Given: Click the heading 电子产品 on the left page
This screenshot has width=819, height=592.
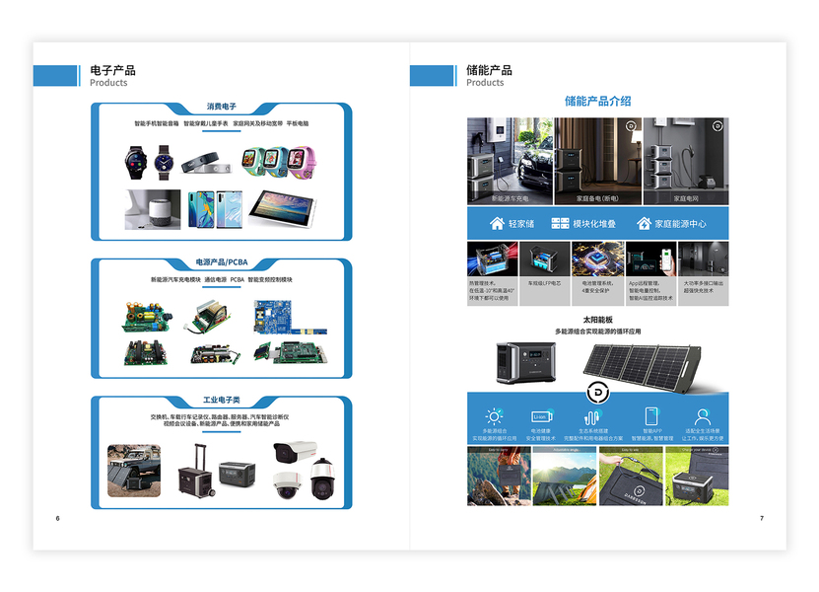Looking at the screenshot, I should point(112,70).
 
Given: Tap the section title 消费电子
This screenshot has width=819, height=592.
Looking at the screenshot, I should point(221,107).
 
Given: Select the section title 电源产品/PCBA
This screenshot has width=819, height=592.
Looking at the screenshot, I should point(221,262).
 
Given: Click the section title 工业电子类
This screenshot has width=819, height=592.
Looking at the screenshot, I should point(221,401).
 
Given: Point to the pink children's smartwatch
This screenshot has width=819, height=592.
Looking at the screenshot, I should point(302,159).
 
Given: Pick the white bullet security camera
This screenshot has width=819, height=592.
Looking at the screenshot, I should point(295,452).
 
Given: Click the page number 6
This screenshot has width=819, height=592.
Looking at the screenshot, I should point(58,519).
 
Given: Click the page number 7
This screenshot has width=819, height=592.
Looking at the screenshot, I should point(761,519).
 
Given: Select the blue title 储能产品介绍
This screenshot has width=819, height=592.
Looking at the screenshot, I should point(597,101).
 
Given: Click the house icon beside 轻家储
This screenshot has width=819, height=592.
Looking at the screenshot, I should point(497,224).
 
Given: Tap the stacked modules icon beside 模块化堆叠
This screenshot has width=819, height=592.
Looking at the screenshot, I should point(560,224).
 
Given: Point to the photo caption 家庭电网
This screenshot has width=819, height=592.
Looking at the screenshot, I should point(685,198).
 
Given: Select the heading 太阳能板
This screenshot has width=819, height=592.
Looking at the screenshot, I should point(597,320).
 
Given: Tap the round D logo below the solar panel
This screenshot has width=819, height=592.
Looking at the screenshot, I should point(598,393).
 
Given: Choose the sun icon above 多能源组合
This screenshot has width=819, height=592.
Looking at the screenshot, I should point(494,416).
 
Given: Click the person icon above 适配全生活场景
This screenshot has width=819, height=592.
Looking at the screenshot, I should point(702,416).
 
